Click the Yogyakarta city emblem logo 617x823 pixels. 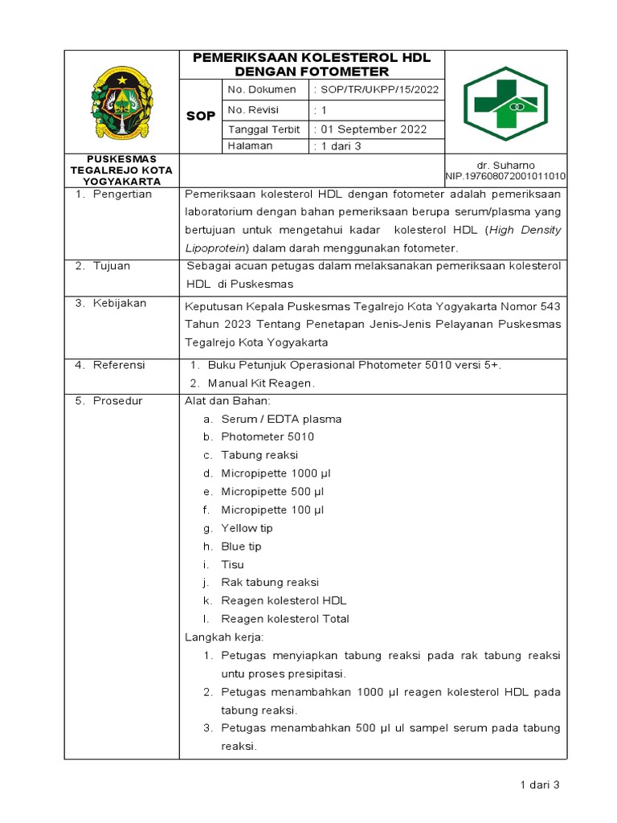(121, 101)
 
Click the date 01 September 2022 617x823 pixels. (374, 129)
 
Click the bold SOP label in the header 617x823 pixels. (200, 116)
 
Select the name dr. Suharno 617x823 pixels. (528, 165)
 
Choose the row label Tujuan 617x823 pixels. (112, 266)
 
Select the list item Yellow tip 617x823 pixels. (247, 528)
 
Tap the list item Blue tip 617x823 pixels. (241, 547)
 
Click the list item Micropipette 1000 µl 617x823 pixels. (272, 473)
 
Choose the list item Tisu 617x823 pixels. (232, 565)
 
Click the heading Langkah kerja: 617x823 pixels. (219, 637)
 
